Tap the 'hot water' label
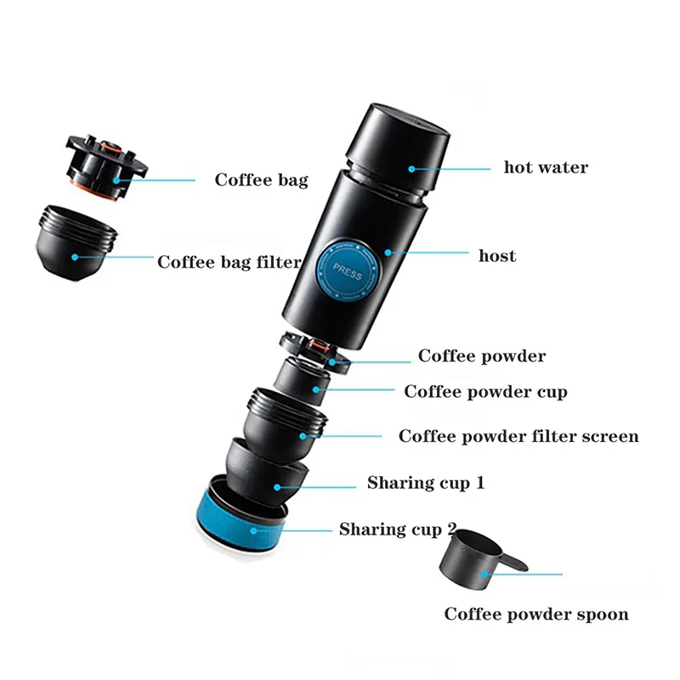tap(546, 167)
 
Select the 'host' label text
tap(497, 255)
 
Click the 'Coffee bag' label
tap(261, 180)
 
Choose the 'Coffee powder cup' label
tap(485, 392)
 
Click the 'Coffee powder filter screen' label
tap(518, 437)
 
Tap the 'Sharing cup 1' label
tap(426, 483)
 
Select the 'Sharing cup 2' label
tap(397, 530)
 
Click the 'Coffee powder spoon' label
tap(536, 614)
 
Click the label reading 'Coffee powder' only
tap(482, 356)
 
